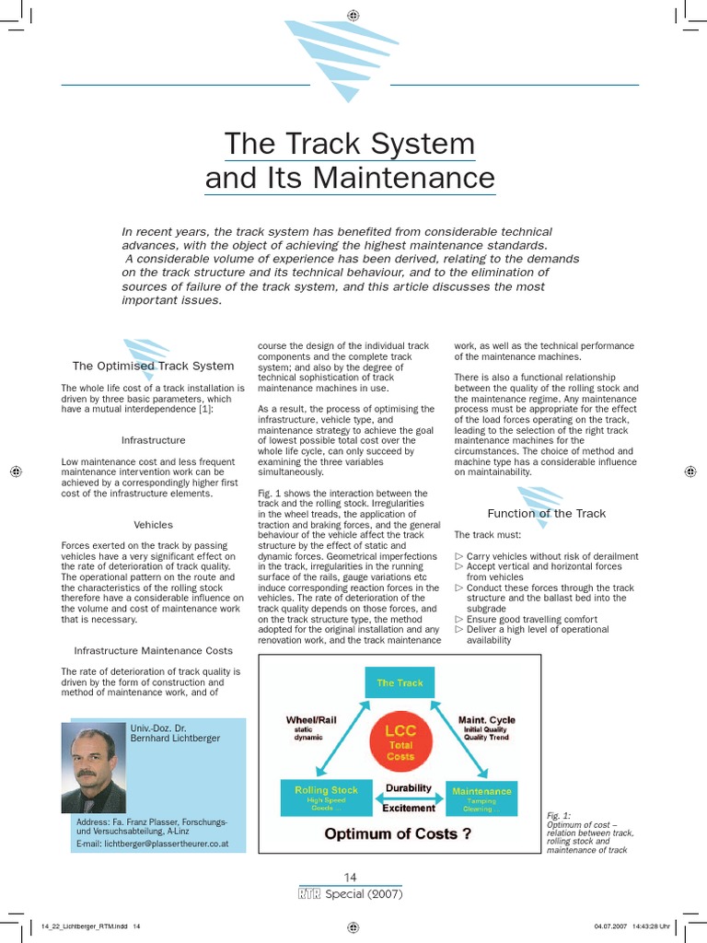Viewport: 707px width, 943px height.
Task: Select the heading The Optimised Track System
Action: pyautogui.click(x=153, y=367)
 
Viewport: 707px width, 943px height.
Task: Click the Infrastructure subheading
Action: pyautogui.click(x=153, y=440)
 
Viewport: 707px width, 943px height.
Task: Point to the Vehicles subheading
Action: pyautogui.click(x=153, y=525)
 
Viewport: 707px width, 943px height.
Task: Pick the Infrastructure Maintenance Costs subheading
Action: pyautogui.click(x=153, y=650)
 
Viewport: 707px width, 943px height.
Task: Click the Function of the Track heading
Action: pyautogui.click(x=546, y=514)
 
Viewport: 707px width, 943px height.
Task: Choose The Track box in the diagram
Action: pyautogui.click(x=400, y=683)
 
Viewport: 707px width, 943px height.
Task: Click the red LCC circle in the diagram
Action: pyautogui.click(x=400, y=742)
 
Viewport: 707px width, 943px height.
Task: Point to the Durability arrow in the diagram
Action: pyautogui.click(x=408, y=789)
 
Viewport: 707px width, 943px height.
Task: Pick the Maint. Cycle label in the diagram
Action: pyautogui.click(x=486, y=720)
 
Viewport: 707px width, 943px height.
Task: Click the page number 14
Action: pyautogui.click(x=351, y=877)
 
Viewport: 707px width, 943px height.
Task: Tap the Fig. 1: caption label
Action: pyautogui.click(x=558, y=815)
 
